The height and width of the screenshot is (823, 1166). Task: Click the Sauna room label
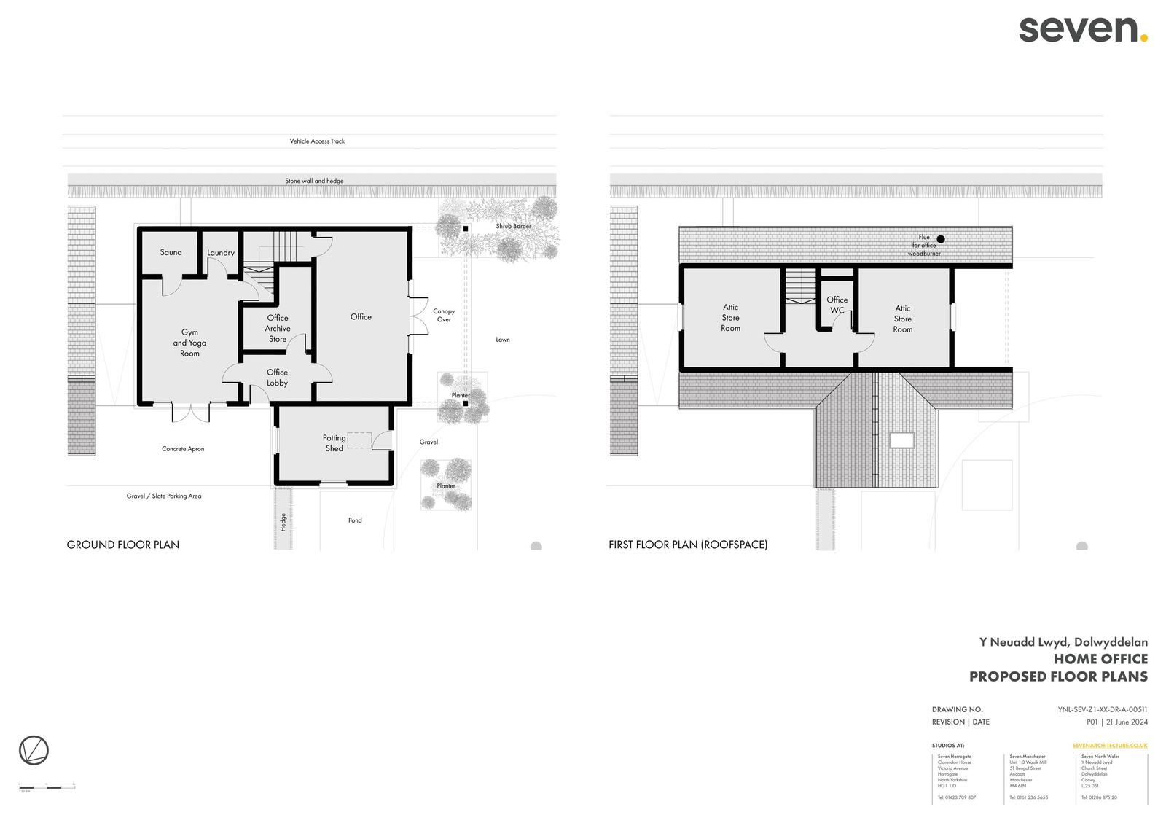coord(171,252)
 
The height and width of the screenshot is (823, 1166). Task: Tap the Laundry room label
coord(220,253)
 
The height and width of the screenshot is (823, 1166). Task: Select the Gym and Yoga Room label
coord(189,343)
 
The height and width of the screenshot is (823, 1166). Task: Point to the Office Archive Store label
coord(278,329)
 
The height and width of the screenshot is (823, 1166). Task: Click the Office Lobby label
coord(277,378)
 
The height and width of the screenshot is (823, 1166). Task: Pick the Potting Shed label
coord(334,443)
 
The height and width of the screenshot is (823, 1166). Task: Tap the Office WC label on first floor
coord(837,305)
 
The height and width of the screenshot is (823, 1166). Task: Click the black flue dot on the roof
coord(940,239)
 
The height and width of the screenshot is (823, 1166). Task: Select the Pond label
coord(355,520)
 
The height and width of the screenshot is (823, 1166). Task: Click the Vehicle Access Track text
coord(317,141)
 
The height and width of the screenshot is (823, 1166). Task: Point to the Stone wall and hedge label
coord(314,181)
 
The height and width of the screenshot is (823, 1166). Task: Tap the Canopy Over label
coord(444,315)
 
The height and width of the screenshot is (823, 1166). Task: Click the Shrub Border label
coord(513,226)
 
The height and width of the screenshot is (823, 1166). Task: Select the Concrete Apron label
coord(183,449)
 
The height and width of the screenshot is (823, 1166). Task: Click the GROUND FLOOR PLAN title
coord(122,545)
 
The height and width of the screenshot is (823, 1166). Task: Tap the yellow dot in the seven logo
coord(1143,38)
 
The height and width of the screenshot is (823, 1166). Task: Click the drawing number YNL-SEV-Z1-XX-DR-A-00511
coord(1102,709)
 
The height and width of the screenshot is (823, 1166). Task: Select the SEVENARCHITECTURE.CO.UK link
coord(1110,746)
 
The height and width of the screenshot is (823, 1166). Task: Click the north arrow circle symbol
coord(34,750)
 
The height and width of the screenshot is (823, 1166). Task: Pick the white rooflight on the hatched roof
coord(901,440)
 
